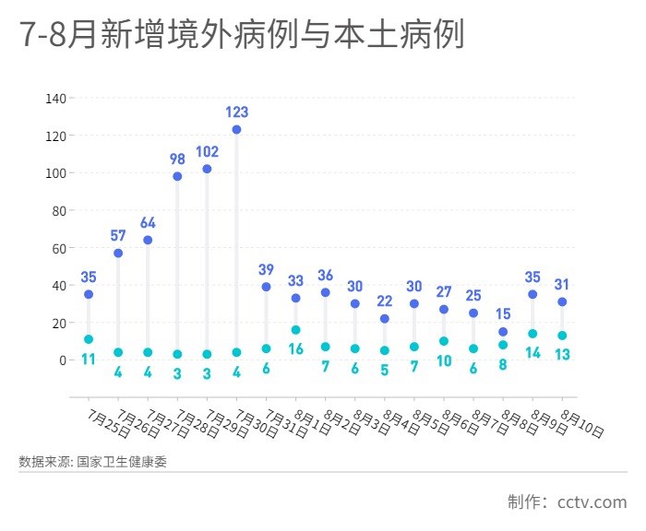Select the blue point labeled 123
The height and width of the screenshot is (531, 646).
click(x=236, y=130)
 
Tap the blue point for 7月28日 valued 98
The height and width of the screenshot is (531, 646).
click(x=177, y=176)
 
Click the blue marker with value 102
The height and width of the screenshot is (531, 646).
click(x=207, y=169)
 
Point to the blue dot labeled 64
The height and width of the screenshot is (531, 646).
click(x=148, y=240)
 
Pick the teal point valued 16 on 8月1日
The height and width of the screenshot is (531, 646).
click(x=295, y=330)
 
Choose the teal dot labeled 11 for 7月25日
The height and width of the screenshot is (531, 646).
click(x=89, y=339)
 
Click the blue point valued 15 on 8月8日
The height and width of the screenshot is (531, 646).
click(x=503, y=332)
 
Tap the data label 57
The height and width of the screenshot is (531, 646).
click(x=118, y=236)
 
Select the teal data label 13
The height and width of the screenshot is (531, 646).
click(x=562, y=354)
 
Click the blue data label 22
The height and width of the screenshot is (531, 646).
click(x=385, y=301)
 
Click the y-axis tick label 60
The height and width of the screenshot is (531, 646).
click(x=57, y=248)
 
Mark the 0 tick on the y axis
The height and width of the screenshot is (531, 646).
click(x=61, y=360)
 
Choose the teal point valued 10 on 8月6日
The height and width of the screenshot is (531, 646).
click(x=444, y=341)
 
